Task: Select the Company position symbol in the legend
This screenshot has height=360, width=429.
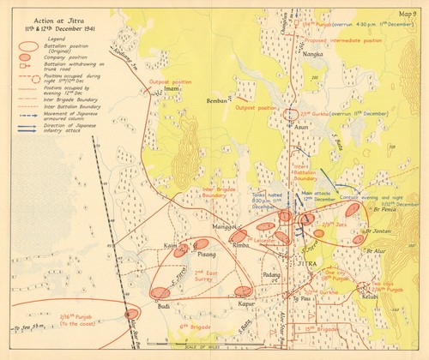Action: pos(31,58)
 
